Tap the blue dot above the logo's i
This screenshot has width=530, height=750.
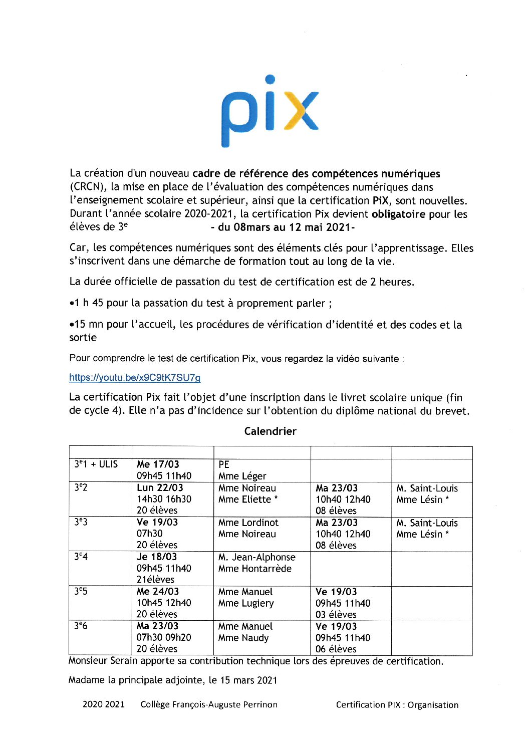click(270, 79)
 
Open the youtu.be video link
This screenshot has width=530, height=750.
click(135, 378)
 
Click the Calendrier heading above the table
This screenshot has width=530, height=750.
click(270, 431)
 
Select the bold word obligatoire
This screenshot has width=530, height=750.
click(398, 214)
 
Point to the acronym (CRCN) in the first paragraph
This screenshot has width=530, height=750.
click(88, 187)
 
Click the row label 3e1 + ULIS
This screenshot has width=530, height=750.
click(96, 464)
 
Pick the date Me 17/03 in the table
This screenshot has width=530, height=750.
click(158, 464)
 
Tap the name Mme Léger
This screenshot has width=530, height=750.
click(242, 476)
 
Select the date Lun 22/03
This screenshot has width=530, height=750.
click(160, 487)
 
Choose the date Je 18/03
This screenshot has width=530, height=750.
click(157, 557)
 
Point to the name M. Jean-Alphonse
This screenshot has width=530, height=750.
click(257, 557)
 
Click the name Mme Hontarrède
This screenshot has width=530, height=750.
click(255, 569)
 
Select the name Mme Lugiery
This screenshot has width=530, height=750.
click(246, 603)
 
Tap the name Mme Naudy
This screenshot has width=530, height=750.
click(243, 638)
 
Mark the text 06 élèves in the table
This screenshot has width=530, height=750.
click(336, 649)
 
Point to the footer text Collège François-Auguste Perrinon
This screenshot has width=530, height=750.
click(209, 704)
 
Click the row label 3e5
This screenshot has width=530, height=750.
click(81, 592)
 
